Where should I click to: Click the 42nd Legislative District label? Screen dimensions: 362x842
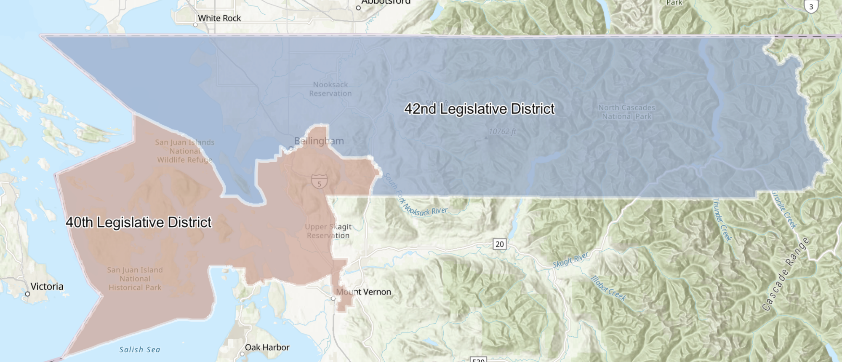tap(479, 109)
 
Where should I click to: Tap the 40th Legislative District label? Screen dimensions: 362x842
tap(139, 223)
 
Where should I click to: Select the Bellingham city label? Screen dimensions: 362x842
tap(319, 141)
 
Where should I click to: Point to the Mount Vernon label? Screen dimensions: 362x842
tap(363, 292)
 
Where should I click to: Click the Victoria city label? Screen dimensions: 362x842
tap(47, 287)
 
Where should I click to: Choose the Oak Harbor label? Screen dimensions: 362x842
tap(267, 348)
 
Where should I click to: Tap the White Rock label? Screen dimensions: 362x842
tap(219, 18)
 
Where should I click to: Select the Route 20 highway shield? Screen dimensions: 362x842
tap(499, 244)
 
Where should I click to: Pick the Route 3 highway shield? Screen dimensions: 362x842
tap(810, 6)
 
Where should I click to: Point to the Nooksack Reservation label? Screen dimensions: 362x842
tap(330, 89)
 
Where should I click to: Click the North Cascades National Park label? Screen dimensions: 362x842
tap(626, 112)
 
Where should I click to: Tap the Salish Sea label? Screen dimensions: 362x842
tap(140, 349)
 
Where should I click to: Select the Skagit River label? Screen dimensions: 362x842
tap(570, 260)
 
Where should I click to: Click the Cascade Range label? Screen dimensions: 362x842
tap(786, 274)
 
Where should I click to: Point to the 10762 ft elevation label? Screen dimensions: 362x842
tap(502, 132)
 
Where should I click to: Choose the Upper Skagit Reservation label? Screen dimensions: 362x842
tap(328, 231)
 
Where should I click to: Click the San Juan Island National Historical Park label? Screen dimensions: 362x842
tap(135, 279)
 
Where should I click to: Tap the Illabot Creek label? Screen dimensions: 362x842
tap(608, 289)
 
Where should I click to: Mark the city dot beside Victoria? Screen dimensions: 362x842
tap(27, 294)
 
